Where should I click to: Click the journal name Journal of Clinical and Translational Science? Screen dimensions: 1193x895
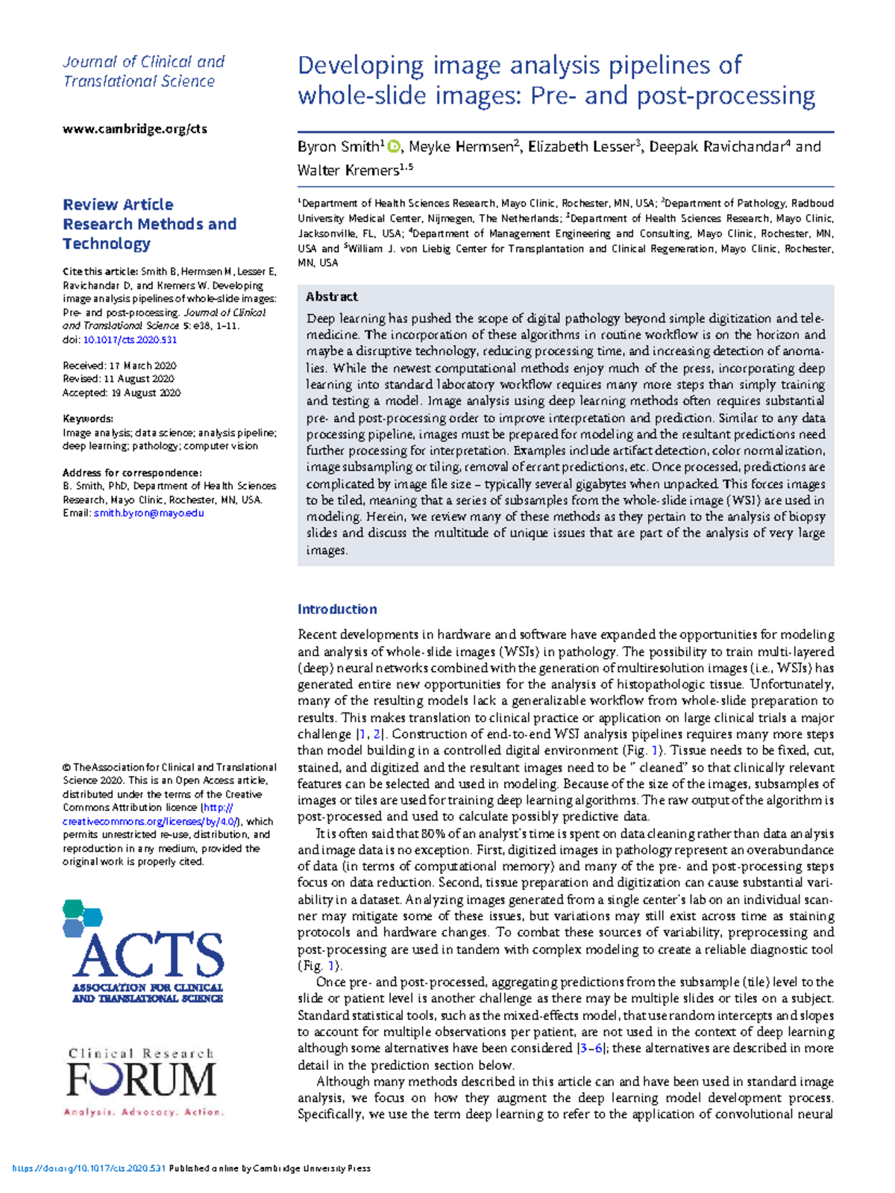143,72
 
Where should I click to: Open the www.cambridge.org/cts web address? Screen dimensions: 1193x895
135,129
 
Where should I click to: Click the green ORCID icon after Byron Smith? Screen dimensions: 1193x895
394,147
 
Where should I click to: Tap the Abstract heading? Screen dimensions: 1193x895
332,297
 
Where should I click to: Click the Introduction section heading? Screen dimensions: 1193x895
337,610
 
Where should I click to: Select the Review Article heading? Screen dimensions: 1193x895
118,204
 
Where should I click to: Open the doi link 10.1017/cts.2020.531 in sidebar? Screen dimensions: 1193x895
130,339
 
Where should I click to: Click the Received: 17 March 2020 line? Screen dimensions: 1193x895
119,366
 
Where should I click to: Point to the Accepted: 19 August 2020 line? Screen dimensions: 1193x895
122,392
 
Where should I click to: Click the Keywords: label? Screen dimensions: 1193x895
88,419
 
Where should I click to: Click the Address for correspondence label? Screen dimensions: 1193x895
132,472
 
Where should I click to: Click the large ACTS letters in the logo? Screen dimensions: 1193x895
148,955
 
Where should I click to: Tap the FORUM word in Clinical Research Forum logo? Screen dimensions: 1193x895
141,1080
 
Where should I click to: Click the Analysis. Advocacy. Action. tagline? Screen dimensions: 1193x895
143,1112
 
